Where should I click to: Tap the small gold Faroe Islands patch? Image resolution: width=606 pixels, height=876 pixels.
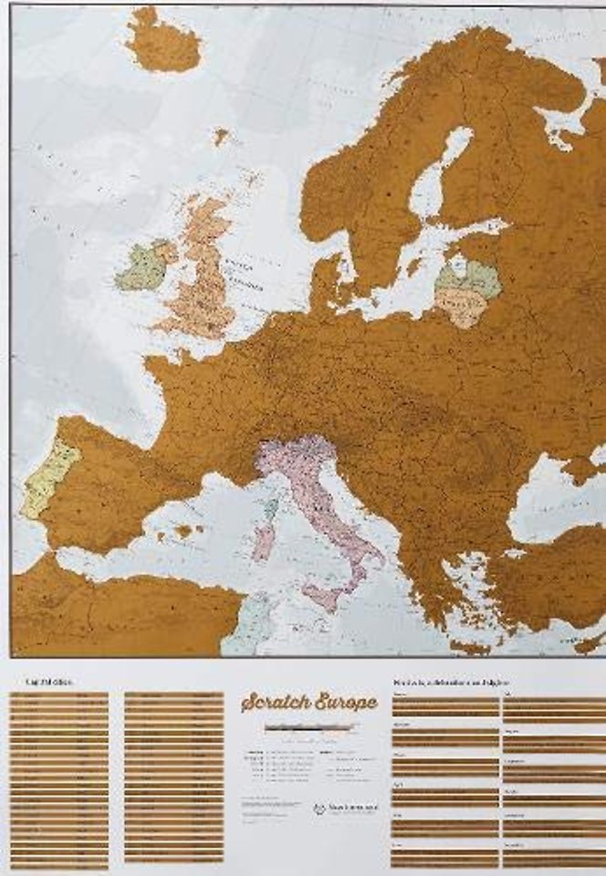click(x=220, y=137)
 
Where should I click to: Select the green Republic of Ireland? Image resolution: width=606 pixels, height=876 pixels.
click(x=142, y=266)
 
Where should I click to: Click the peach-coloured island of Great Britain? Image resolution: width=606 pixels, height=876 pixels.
click(x=206, y=274)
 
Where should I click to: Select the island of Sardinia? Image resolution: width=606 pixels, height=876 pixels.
click(x=264, y=542)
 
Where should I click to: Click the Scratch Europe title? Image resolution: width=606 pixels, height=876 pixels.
click(x=308, y=702)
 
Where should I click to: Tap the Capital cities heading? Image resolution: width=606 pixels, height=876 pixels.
click(x=51, y=682)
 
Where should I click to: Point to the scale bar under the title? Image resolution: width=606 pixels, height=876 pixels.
click(x=308, y=727)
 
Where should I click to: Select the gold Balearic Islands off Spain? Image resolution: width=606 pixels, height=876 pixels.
click(x=186, y=530)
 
